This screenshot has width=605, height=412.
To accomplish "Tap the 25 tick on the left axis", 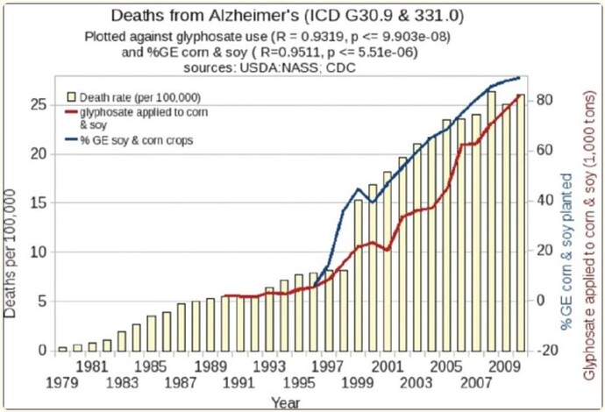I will click(x=39, y=104).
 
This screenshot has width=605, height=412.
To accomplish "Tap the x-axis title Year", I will click(x=283, y=402).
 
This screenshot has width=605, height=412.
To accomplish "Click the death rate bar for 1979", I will click(x=62, y=348).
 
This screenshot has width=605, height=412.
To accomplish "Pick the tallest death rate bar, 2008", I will click(x=491, y=221).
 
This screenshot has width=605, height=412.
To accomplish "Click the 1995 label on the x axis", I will click(x=298, y=383).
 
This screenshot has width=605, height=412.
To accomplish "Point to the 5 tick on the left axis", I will click(x=43, y=302).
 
